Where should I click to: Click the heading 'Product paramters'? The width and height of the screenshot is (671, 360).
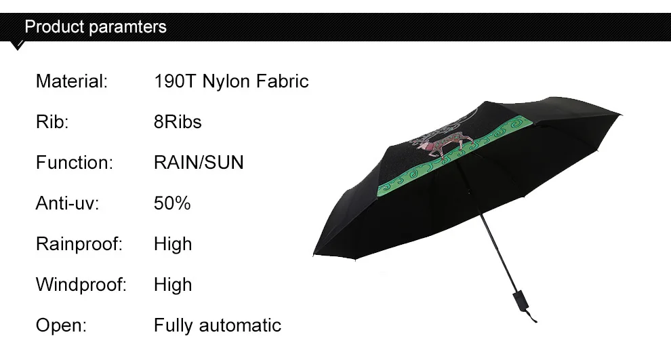point(96,26)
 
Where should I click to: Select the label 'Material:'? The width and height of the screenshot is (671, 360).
point(72,81)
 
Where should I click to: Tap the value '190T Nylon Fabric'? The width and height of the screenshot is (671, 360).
point(231,81)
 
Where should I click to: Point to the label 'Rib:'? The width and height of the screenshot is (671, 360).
point(52,121)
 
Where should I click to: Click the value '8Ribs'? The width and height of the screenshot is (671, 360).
point(178,121)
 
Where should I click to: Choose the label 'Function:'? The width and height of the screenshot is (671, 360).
point(75,162)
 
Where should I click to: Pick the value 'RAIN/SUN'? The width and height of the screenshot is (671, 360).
point(199,162)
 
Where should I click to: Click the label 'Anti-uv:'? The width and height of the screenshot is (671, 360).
point(67,203)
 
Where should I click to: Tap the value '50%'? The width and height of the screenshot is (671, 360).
point(172,203)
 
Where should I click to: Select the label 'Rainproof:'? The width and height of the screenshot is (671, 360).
point(79,243)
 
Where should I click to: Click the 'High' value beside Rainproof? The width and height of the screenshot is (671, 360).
point(173,243)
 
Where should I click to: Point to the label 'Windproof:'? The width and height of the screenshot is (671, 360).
point(81,284)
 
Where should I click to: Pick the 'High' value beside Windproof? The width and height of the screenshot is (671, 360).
point(173,284)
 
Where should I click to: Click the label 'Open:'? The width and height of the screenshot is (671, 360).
point(61,325)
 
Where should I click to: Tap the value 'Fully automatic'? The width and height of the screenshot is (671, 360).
point(218,325)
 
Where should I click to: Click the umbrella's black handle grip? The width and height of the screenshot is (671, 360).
point(521,300)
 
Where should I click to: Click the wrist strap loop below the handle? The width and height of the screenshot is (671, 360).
point(531,316)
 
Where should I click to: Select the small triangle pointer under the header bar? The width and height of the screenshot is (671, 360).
point(18,45)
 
